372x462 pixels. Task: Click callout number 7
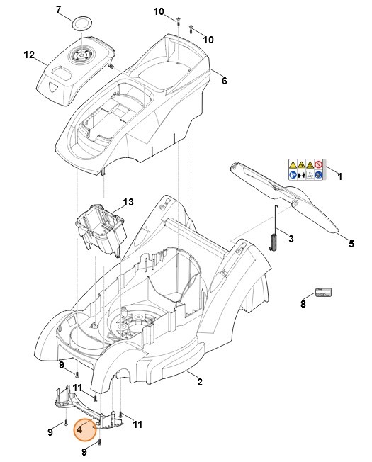pos(59,9)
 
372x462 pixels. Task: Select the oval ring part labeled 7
pos(82,23)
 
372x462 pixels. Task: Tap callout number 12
pos(29,55)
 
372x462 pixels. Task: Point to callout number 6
pos(225,81)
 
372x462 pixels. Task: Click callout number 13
pos(128,202)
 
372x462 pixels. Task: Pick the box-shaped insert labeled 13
pos(101,228)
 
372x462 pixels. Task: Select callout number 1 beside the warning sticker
pos(339,176)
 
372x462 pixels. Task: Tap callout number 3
pos(291,238)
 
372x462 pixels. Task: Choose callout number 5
pos(351,244)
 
